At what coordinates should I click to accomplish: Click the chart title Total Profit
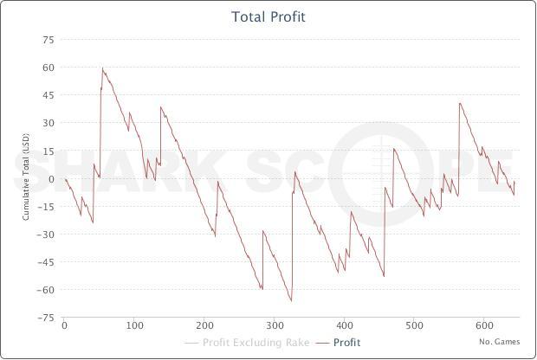268,16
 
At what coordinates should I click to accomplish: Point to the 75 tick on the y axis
49,40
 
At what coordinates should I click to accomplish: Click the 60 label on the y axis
49,67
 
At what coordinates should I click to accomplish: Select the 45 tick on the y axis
49,95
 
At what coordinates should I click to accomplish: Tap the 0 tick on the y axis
51,179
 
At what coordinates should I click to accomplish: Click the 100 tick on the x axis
134,326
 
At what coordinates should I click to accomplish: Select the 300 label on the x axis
275,326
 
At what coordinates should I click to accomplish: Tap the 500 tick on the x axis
415,326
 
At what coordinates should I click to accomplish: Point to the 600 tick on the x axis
485,326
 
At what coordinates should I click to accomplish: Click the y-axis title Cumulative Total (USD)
26,179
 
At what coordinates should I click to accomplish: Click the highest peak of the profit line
102,67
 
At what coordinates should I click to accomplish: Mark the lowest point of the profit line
291,301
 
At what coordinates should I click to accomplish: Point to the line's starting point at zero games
65,179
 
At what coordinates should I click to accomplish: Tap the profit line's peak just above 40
460,103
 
